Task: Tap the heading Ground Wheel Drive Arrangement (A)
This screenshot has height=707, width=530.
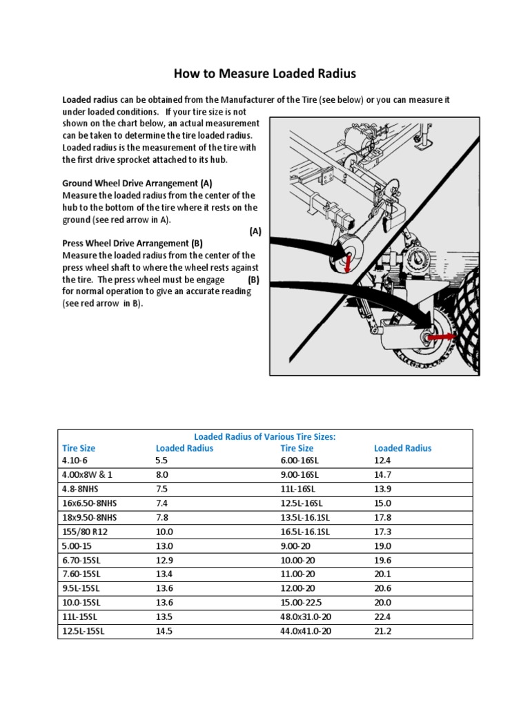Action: tap(137, 184)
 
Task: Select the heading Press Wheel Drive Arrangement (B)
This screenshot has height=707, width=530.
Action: tap(132, 244)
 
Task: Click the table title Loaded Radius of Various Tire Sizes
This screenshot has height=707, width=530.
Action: tap(265, 437)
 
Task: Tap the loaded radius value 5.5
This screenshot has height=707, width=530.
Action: tap(162, 459)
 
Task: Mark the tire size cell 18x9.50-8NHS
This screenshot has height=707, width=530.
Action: tap(90, 518)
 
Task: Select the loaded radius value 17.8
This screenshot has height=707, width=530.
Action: tap(383, 518)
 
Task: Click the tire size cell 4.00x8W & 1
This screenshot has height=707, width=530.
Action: tap(86, 474)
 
